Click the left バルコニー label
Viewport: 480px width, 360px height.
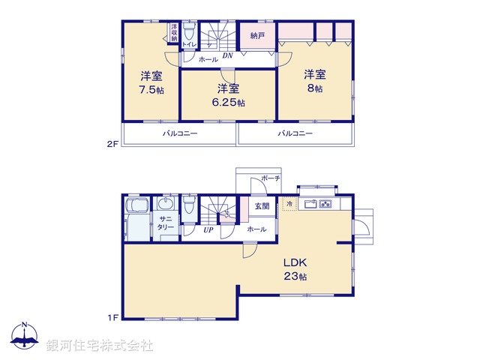pyautogui.click(x=180, y=133)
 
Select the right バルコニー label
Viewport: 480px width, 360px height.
pyautogui.click(x=295, y=133)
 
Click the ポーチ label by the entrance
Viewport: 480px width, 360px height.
pyautogui.click(x=270, y=178)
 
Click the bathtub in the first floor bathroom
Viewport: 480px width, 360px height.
pyautogui.click(x=136, y=217)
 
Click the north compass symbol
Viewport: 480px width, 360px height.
pyautogui.click(x=25, y=337)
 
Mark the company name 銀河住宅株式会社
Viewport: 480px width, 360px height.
pyautogui.click(x=99, y=346)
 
